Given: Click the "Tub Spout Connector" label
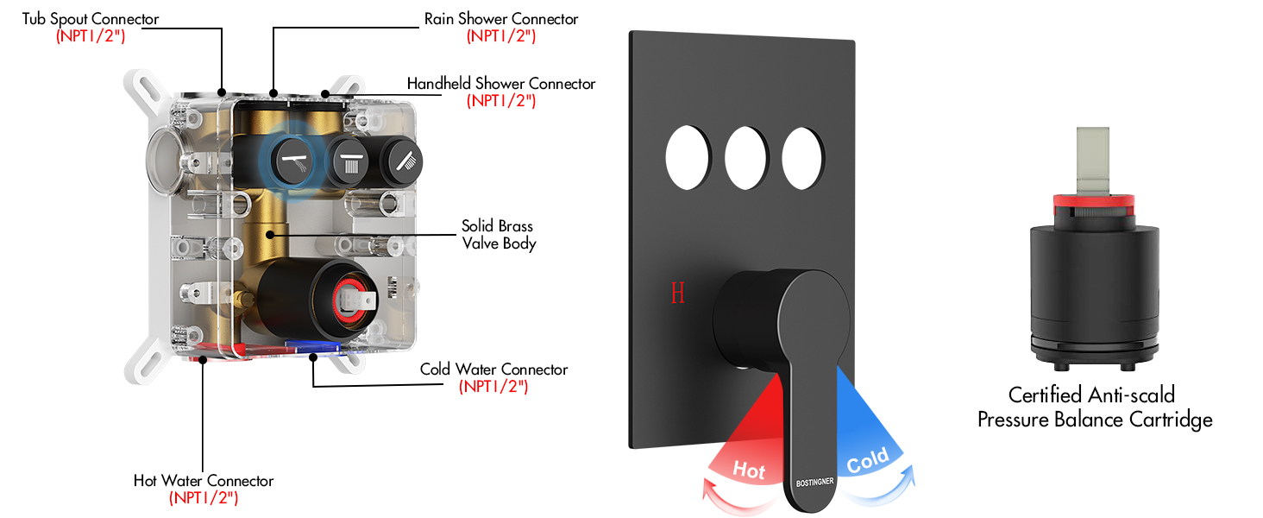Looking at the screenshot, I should pyautogui.click(x=91, y=19).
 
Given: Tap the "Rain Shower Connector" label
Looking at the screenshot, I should pyautogui.click(x=500, y=19).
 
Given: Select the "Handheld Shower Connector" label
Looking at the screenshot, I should pyautogui.click(x=500, y=84).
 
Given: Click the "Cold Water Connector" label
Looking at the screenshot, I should pyautogui.click(x=493, y=370).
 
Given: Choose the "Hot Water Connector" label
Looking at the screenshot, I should pyautogui.click(x=204, y=481).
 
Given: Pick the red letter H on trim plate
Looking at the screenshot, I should pyautogui.click(x=677, y=294).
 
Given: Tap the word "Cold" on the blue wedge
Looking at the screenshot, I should pyautogui.click(x=867, y=463).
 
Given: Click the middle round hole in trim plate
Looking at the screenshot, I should pyautogui.click(x=747, y=159).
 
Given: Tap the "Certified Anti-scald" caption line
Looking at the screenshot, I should pyautogui.click(x=1091, y=395).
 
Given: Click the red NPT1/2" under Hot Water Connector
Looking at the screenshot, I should pyautogui.click(x=204, y=497).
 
